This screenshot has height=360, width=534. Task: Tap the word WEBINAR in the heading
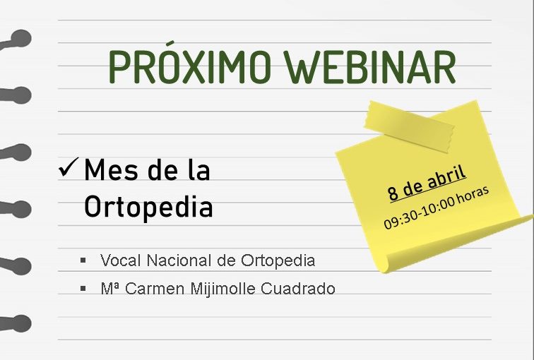pos(372,67)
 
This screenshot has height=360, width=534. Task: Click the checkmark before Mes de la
pos(69,167)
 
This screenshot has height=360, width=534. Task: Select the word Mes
pos(111,169)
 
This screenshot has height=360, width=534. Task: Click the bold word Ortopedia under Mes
pos(148,207)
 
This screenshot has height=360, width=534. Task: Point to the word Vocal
pos(121,260)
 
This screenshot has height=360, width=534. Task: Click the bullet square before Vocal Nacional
pos(83,260)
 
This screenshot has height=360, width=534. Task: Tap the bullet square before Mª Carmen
pos(83,289)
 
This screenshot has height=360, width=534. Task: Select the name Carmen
pos(155,289)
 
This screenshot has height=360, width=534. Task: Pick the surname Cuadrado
pos(298,289)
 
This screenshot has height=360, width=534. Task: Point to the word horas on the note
pos(473,196)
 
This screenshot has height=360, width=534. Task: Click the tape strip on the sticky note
pos(410,126)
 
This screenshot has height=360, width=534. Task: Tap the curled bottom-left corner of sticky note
pos(384,262)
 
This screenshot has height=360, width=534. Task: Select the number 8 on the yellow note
pos(393,193)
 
